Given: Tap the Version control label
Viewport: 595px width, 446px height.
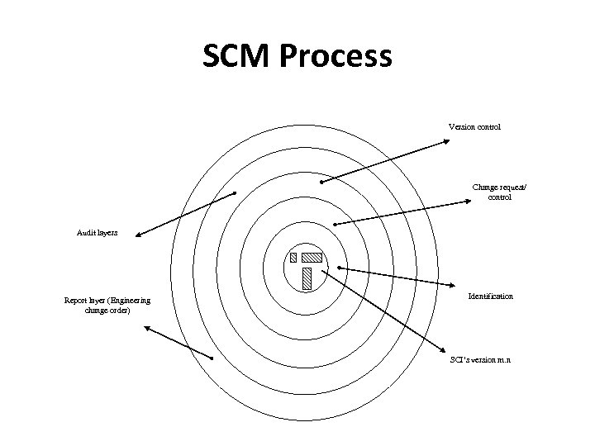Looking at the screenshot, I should (x=474, y=127).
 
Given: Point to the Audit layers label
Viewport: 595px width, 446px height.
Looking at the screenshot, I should (x=98, y=233).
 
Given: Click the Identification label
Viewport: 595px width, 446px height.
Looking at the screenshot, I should (x=490, y=296).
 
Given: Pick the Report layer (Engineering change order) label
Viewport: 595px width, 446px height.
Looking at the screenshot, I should (x=107, y=305).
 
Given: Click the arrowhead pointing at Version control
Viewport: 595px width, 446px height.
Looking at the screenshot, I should (x=446, y=141).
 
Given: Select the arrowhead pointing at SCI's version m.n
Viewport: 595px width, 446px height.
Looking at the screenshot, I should (x=446, y=349).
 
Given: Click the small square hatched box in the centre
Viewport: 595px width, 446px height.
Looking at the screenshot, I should (x=293, y=257).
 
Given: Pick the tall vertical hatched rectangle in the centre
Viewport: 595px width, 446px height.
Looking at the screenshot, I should (x=307, y=278).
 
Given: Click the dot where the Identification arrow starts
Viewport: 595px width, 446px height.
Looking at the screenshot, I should (x=340, y=268).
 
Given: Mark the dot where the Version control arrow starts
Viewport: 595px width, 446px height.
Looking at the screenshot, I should (x=321, y=182).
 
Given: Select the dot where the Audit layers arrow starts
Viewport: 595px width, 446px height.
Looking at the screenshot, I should (x=235, y=193).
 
